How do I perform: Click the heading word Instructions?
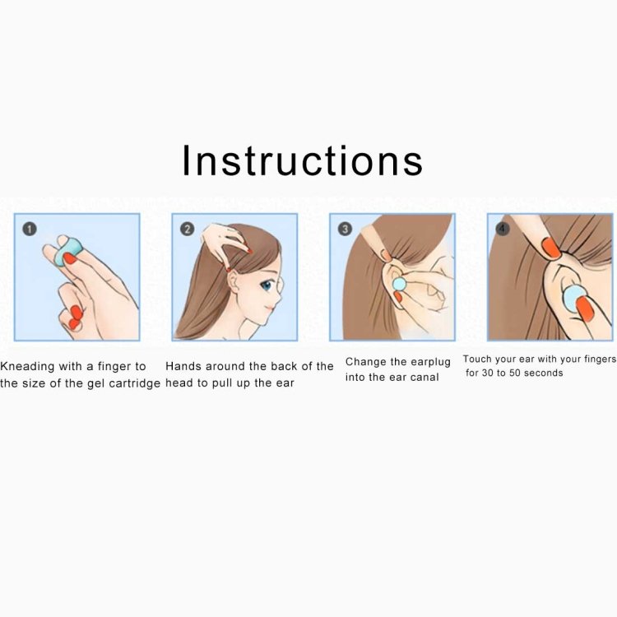coord(302,160)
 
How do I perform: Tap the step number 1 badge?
coord(30,229)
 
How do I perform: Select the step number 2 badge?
coord(188,229)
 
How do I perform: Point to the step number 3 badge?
coord(345,229)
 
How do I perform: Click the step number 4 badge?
coord(502,229)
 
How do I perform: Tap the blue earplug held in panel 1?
coord(67,253)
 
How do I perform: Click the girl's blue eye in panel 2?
coord(267,285)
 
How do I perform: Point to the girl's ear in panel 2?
coord(234,281)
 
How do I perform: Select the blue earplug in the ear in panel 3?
coord(399,284)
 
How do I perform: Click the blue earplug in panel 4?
coord(573,299)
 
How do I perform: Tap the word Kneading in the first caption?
coord(27,367)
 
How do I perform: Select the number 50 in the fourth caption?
coord(515,373)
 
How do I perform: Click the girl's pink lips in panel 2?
coord(270,308)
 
